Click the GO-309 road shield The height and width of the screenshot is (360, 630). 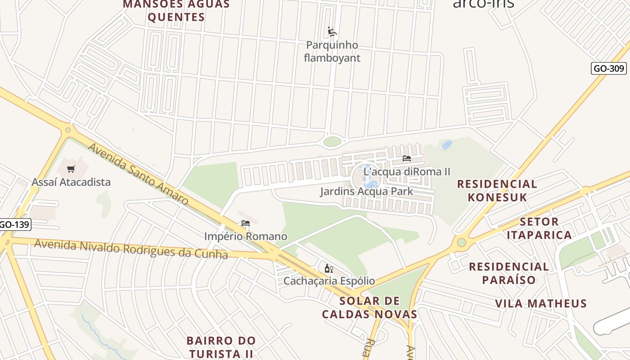coord(608,68)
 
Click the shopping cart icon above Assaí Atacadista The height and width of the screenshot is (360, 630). coord(71,169)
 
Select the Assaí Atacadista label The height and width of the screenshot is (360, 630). coord(71,182)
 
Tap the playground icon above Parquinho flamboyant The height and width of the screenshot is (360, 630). coord(332,32)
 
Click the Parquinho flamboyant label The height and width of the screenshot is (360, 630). coord(332,51)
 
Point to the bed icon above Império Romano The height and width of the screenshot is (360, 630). coord(245,223)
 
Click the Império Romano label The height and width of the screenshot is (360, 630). coord(245,236)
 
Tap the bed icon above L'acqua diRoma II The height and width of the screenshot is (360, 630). coord(407,158)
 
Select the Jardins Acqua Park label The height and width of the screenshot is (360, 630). coord(366,192)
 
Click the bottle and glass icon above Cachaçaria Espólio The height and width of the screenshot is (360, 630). coord(328,269)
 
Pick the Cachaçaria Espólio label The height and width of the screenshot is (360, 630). coord(328,281)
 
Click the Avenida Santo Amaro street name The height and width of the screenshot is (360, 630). coord(138,174)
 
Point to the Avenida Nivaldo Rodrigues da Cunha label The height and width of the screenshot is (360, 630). coord(131,249)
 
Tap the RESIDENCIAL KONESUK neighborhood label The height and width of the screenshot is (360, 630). coord(497,190)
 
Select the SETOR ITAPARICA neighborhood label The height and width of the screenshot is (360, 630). coord(539,228)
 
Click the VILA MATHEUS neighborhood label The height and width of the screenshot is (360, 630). coord(541,303)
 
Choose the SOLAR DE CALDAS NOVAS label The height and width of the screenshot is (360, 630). coord(369,307)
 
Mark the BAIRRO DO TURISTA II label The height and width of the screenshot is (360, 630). coord(221,346)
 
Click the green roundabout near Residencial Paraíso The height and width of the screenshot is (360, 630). coord(461,243)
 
